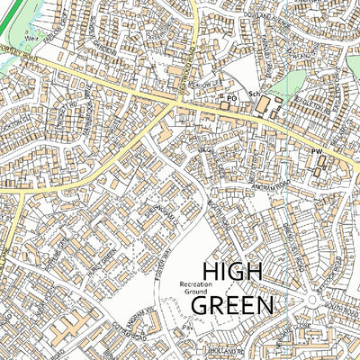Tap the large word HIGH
tap(236, 272)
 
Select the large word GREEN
tap(233, 305)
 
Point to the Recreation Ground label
tap(194, 287)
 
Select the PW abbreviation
tap(317, 152)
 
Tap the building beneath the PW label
tap(317, 164)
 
